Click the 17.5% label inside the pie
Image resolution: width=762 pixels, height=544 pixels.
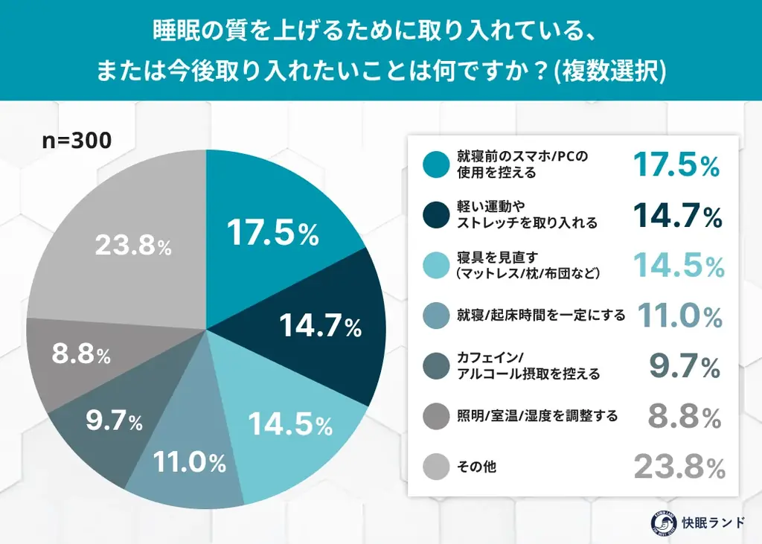coord(272,233)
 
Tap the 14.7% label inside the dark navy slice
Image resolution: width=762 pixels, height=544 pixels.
coord(320,324)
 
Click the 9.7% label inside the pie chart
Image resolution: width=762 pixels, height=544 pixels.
coord(114,422)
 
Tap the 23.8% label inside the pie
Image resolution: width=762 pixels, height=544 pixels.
coord(133,246)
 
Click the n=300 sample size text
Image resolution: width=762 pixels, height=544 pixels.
coord(77,141)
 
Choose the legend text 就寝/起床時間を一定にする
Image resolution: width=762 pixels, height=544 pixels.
coord(541,316)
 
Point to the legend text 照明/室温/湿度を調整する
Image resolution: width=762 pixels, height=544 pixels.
coord(537,417)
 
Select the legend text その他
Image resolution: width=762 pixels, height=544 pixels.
coord(477,467)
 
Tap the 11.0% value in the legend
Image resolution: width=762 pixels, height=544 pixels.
coord(679,316)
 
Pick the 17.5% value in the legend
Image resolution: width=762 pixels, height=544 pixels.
coord(676,164)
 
